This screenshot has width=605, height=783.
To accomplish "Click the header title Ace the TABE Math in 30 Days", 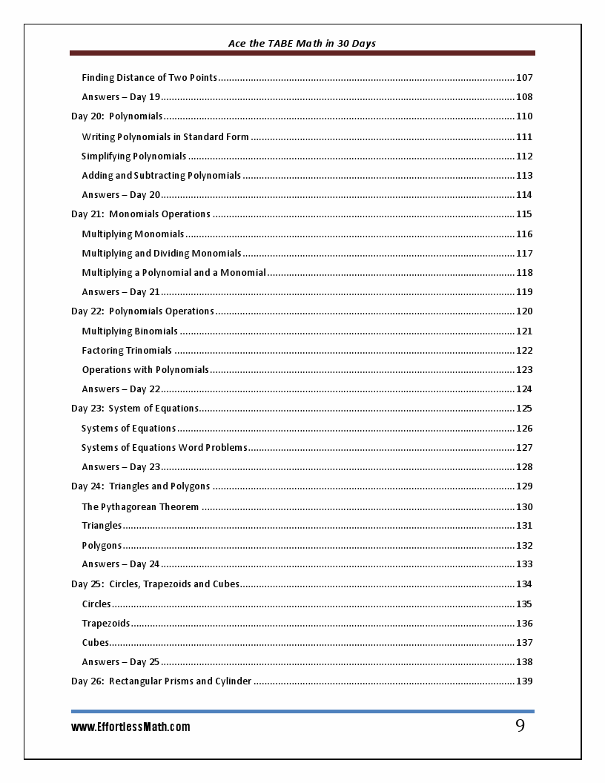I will pyautogui.click(x=302, y=43).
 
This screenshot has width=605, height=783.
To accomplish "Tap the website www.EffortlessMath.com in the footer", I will pyautogui.click(x=130, y=727).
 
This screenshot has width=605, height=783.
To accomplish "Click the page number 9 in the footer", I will pyautogui.click(x=520, y=726).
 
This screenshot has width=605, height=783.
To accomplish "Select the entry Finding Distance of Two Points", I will pyautogui.click(x=149, y=77).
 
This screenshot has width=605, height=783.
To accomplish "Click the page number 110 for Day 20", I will pyautogui.click(x=524, y=116).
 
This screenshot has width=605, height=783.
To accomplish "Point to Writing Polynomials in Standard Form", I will pyautogui.click(x=165, y=136).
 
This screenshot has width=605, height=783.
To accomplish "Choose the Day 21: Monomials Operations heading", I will pyautogui.click(x=141, y=214).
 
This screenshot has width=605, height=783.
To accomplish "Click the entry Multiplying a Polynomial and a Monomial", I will pyautogui.click(x=173, y=272).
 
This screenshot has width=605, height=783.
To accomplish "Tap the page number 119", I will pyautogui.click(x=524, y=292).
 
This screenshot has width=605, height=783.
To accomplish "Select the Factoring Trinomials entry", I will pyautogui.click(x=127, y=350).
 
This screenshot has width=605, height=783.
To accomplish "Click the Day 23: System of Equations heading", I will pyautogui.click(x=135, y=409).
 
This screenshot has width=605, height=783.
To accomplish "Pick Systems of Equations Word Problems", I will pyautogui.click(x=164, y=447).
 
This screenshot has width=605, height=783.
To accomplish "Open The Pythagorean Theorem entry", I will pyautogui.click(x=140, y=506).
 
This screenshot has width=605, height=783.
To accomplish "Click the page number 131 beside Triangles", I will pyautogui.click(x=524, y=526).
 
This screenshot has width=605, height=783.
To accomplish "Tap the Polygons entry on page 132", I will pyautogui.click(x=102, y=545).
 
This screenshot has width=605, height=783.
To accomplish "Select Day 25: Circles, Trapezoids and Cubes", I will pyautogui.click(x=155, y=584).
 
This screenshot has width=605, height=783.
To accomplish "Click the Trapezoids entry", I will pyautogui.click(x=106, y=623).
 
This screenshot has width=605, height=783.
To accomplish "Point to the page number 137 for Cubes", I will pyautogui.click(x=524, y=643).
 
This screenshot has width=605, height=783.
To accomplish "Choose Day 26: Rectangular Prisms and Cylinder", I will pyautogui.click(x=161, y=681).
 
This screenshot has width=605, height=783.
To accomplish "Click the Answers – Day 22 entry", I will pyautogui.click(x=121, y=389).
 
